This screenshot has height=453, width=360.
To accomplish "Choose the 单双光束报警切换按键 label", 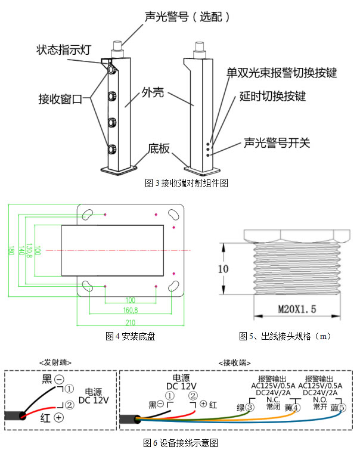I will [x=281, y=73].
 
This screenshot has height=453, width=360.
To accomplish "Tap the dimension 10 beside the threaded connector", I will [x=222, y=269].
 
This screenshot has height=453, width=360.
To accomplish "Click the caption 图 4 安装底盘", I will [x=130, y=337].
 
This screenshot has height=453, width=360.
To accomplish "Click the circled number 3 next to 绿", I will [x=250, y=408].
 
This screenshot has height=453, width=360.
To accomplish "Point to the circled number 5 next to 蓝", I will [x=342, y=408].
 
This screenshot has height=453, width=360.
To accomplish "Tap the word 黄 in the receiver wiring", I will [x=288, y=408].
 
